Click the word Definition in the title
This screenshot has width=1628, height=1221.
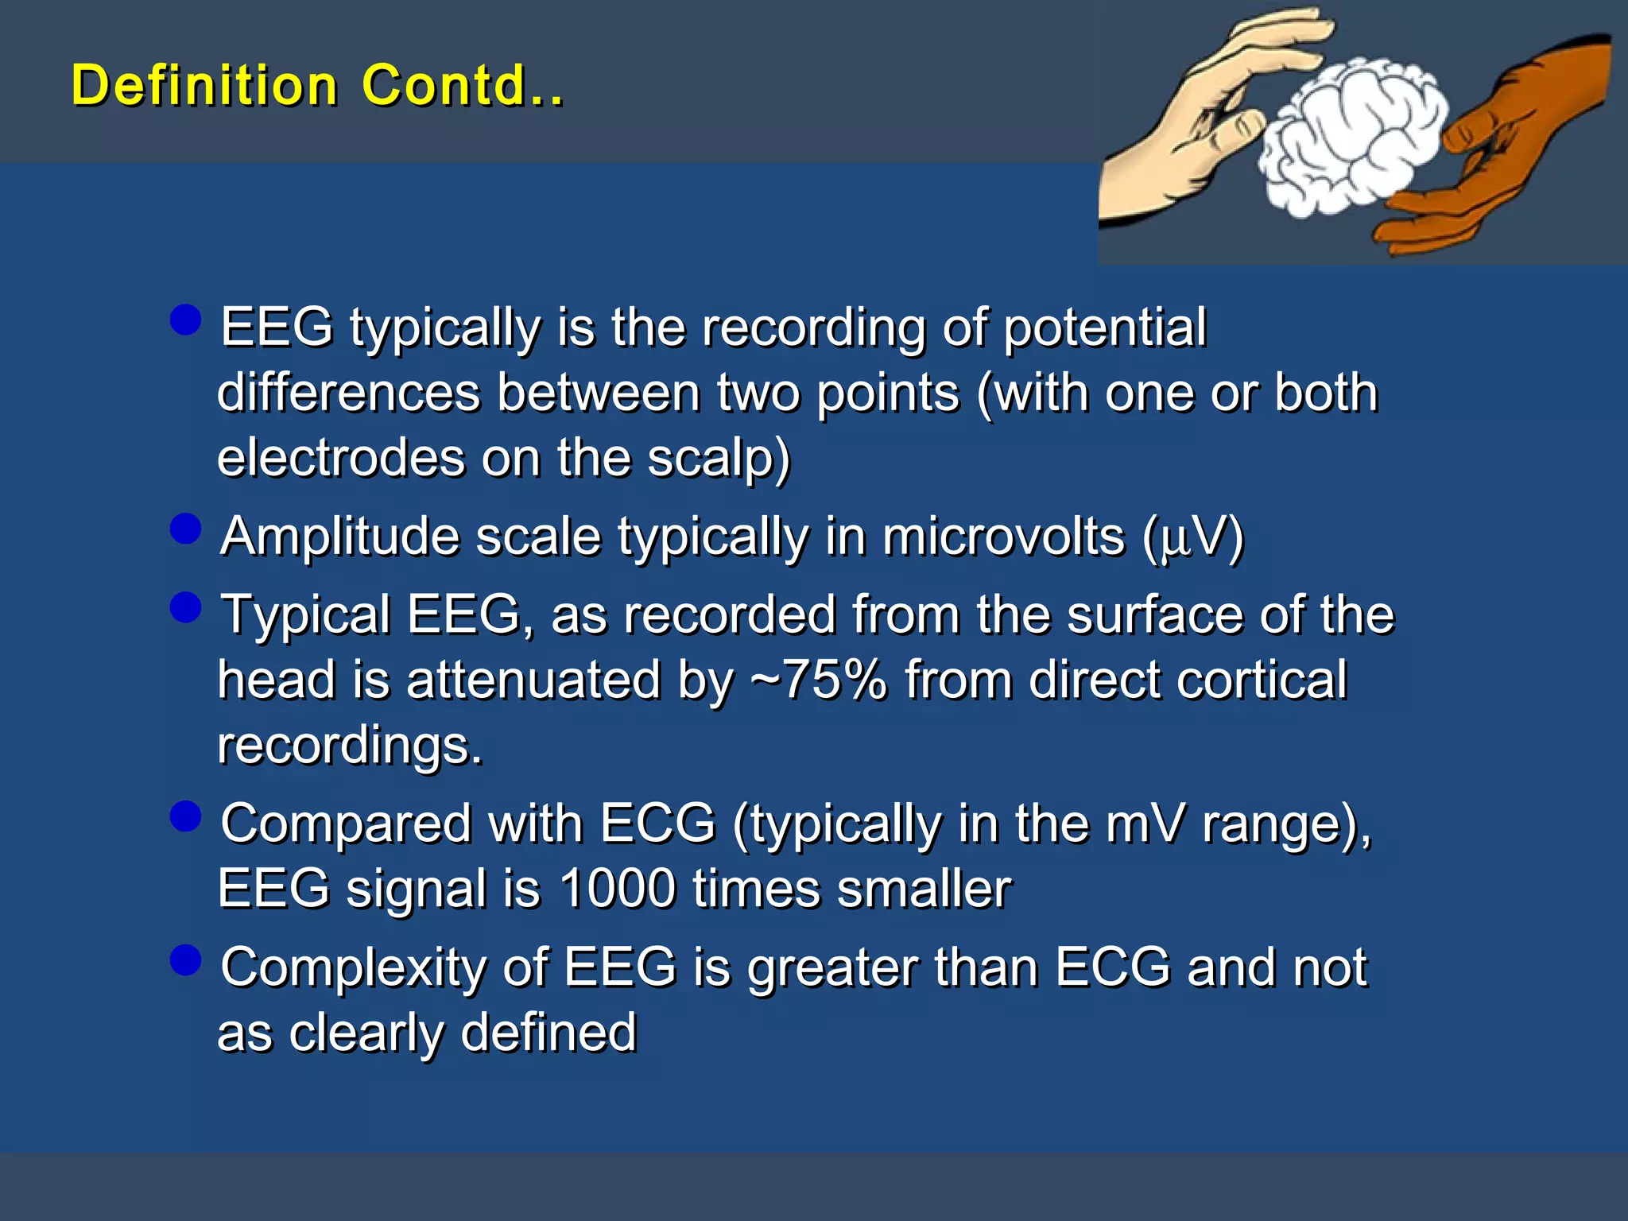coord(204,85)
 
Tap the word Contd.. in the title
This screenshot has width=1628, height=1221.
coord(462,85)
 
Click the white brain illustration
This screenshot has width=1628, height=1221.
coord(1351,135)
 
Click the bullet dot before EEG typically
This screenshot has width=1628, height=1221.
coord(185,320)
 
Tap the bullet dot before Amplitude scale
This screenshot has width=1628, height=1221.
coord(185,529)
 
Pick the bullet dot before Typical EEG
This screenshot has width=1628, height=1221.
coord(185,607)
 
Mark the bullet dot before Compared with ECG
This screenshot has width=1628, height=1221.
coord(185,816)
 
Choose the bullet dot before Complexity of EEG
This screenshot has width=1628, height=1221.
coord(185,959)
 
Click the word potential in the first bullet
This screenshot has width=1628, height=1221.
coord(1105,328)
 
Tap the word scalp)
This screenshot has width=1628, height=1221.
coord(719,459)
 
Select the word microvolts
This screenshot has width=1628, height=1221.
coord(1003,537)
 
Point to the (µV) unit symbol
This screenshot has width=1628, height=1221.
coord(1192,538)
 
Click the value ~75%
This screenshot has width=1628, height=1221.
coord(819,680)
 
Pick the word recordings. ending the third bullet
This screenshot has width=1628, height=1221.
coord(350,746)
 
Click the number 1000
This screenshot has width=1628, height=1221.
coord(617,889)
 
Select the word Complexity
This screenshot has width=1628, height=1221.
coord(354,969)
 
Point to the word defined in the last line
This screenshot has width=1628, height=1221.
coord(548,1033)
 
